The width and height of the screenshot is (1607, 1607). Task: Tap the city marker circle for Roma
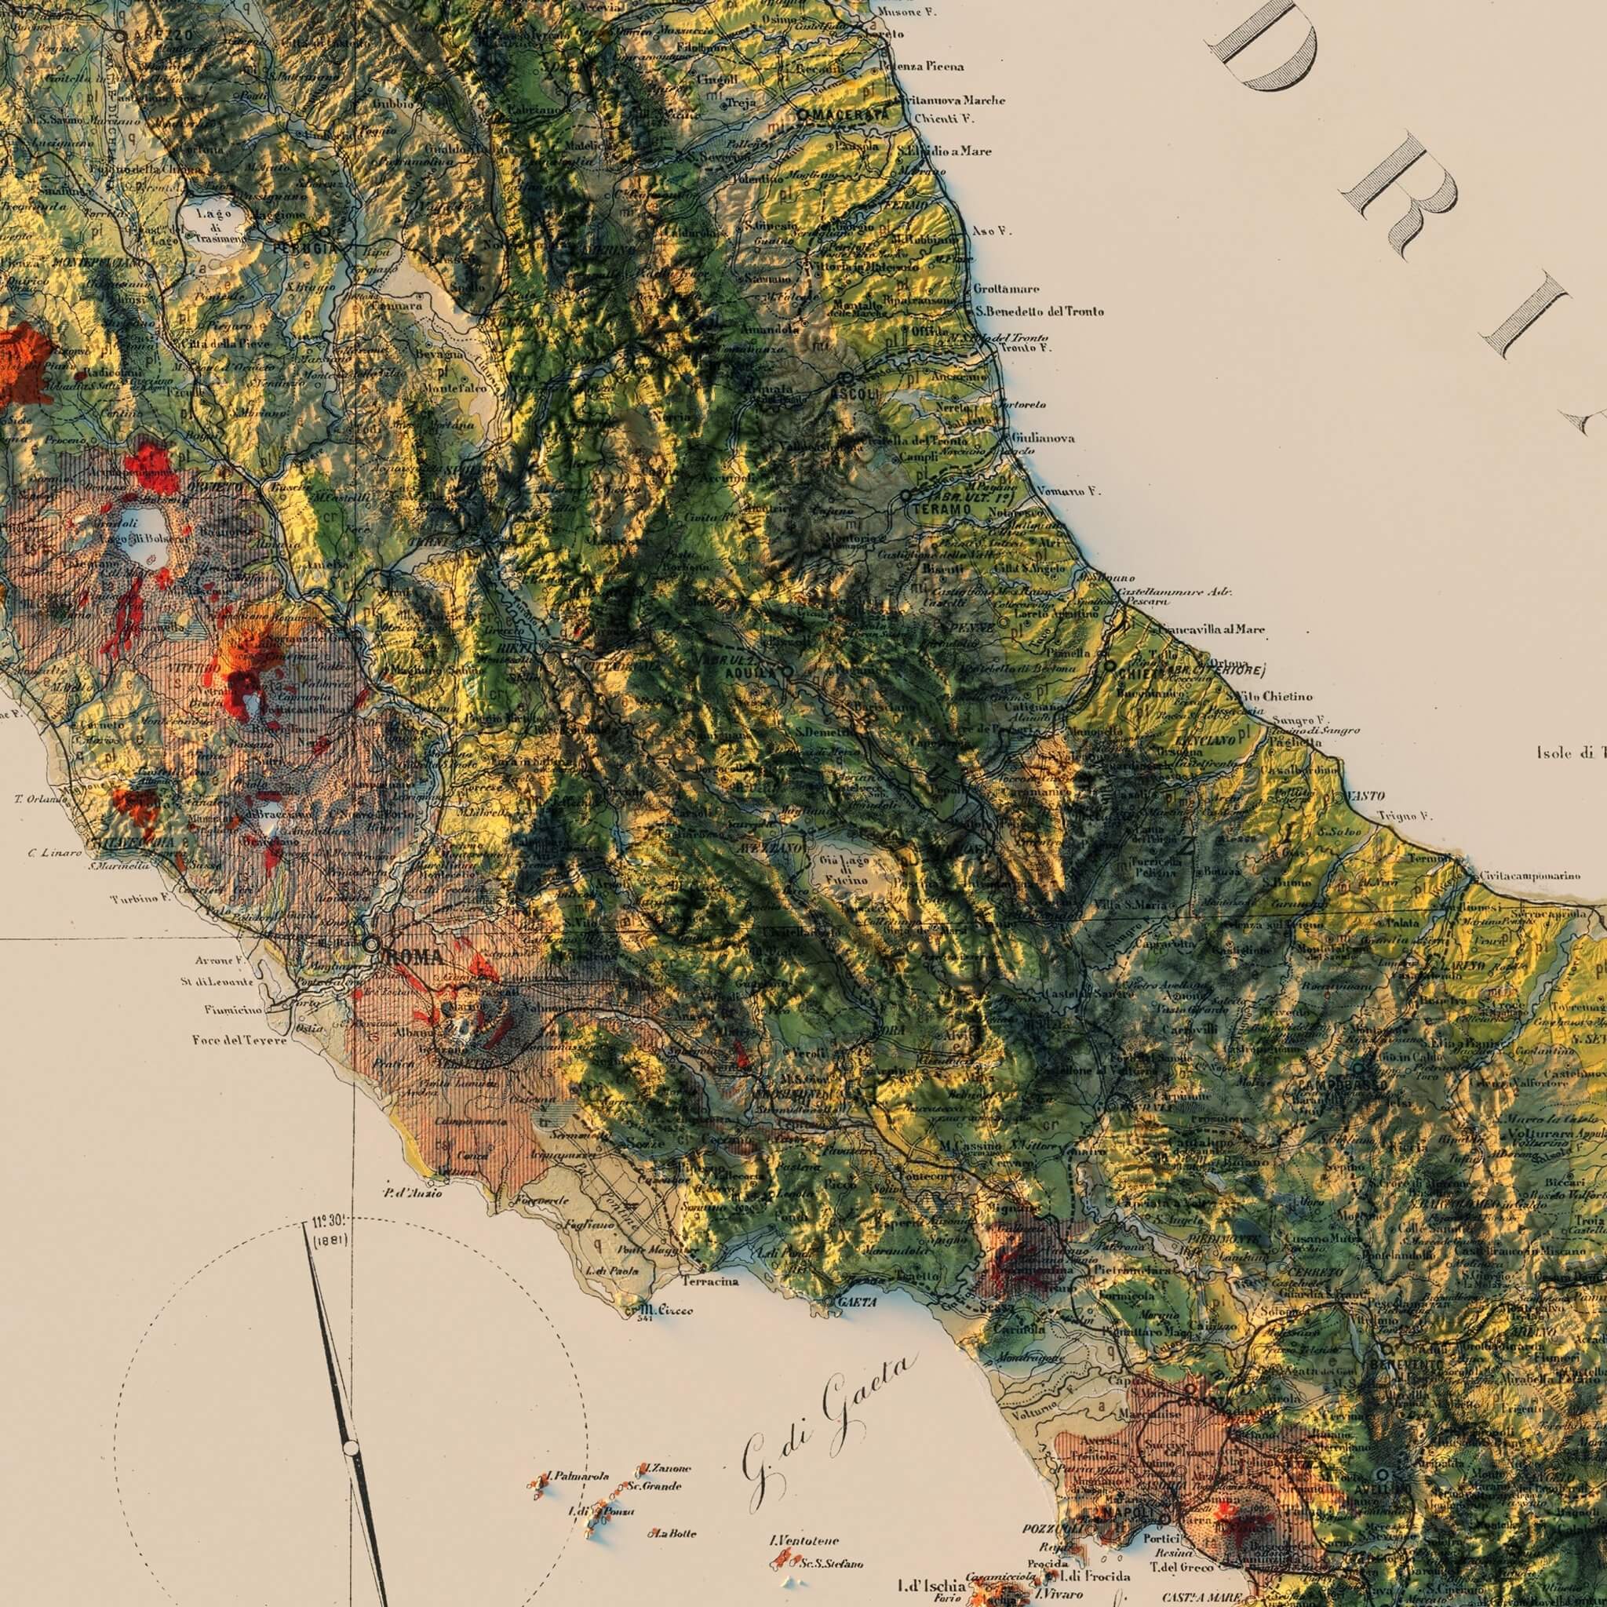tap(371, 943)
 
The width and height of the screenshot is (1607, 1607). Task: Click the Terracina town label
tap(710, 1282)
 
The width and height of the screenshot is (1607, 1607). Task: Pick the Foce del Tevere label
tap(239, 1040)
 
